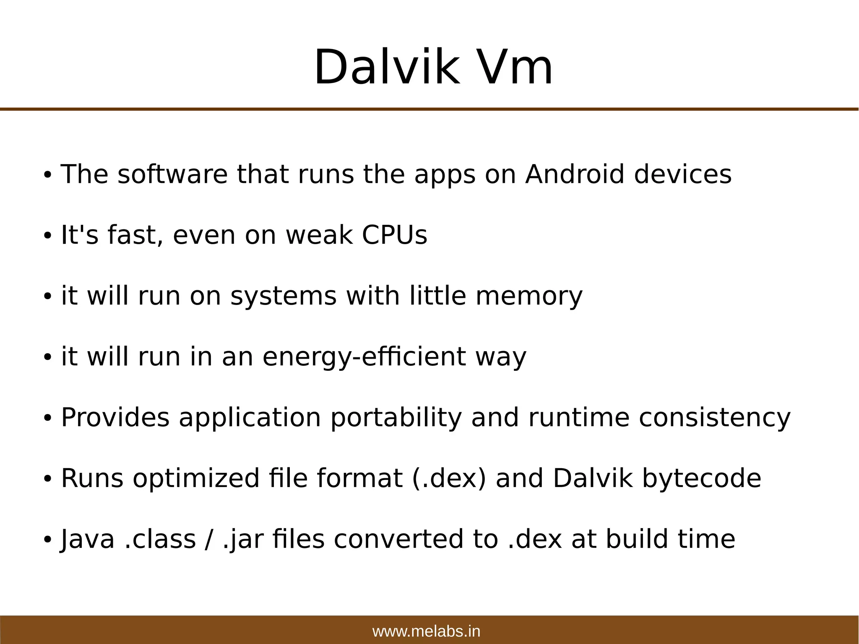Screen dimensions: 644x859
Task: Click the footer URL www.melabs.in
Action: click(426, 631)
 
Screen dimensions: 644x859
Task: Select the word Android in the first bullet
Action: click(575, 174)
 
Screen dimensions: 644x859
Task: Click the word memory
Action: click(529, 296)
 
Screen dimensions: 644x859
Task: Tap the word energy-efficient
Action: click(364, 357)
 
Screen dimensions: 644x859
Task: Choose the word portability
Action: click(396, 418)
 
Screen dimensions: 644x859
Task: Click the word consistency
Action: click(714, 418)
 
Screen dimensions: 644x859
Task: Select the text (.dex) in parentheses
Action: click(449, 478)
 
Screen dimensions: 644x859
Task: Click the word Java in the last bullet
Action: click(87, 540)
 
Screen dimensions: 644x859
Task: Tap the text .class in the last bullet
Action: click(160, 540)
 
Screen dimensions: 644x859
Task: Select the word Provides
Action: click(115, 418)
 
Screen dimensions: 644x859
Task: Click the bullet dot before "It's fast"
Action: click(47, 236)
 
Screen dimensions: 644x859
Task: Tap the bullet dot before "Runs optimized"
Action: click(47, 479)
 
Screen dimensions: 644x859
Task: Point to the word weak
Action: click(319, 235)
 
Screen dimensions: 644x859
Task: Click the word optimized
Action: click(196, 479)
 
